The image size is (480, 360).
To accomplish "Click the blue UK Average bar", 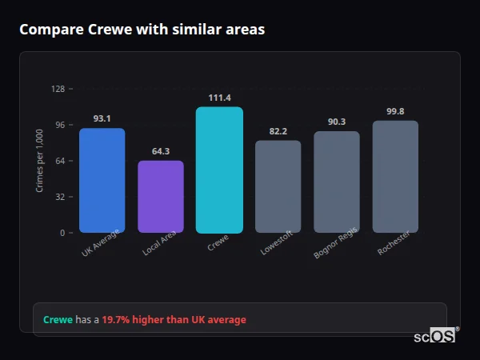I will pyautogui.click(x=102, y=180).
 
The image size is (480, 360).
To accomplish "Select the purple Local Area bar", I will pyautogui.click(x=161, y=197).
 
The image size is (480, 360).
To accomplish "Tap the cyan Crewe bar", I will pyautogui.click(x=219, y=170).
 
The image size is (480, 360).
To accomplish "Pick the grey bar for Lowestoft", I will pyautogui.click(x=278, y=186).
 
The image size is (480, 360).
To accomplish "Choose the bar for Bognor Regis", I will pyautogui.click(x=337, y=182).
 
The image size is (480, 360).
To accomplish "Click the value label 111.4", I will pyautogui.click(x=219, y=97).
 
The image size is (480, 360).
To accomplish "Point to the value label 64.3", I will pyautogui.click(x=161, y=151).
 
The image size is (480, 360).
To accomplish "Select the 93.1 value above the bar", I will pyautogui.click(x=102, y=118).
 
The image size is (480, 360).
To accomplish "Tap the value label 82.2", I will pyautogui.click(x=278, y=131).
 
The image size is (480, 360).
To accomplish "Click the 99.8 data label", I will pyautogui.click(x=395, y=111).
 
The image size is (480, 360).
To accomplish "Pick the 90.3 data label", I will pyautogui.click(x=337, y=122).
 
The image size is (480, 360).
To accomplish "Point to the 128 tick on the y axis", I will pyautogui.click(x=58, y=89).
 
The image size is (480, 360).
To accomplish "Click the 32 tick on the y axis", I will pyautogui.click(x=60, y=197).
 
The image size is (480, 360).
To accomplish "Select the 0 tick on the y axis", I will pyautogui.click(x=62, y=233).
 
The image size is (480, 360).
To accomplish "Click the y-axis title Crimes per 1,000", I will pyautogui.click(x=39, y=160).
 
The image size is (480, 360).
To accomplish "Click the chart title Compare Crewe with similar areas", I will pyautogui.click(x=142, y=30).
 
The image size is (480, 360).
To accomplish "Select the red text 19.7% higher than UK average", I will pyautogui.click(x=174, y=320).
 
